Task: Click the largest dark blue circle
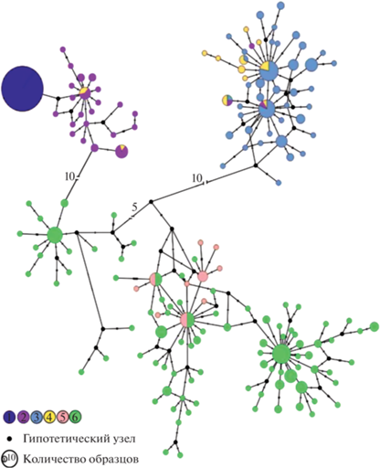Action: (22, 89)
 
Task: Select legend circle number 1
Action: (9, 417)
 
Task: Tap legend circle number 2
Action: (23, 417)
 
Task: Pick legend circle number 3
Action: (36, 417)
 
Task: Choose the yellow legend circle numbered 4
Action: (49, 417)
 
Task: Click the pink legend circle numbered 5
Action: (62, 417)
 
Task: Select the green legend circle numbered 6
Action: (75, 417)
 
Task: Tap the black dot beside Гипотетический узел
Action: (9, 439)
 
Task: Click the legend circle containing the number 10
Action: (10, 458)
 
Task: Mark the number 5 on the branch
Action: (134, 207)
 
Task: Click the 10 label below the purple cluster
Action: (70, 176)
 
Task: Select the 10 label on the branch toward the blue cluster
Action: (197, 177)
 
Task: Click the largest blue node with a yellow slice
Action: (269, 70)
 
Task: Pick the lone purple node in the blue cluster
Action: (251, 46)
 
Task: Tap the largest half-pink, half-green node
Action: (187, 320)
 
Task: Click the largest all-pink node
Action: (203, 277)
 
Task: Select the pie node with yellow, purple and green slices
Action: (227, 100)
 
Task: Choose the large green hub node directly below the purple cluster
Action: (55, 235)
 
